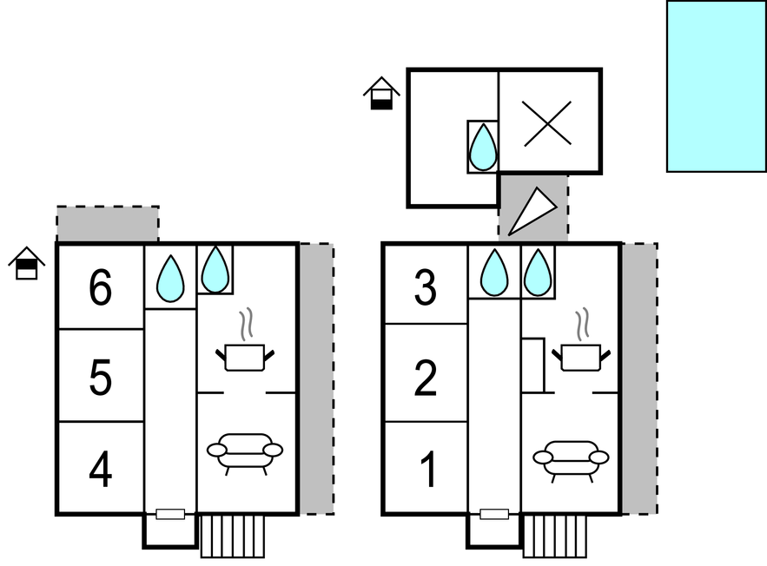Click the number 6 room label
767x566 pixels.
point(101,288)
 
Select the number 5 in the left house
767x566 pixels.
point(101,378)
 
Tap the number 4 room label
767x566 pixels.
point(101,470)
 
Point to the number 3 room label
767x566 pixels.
point(425,288)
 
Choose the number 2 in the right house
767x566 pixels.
point(425,378)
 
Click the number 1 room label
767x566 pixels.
point(427,470)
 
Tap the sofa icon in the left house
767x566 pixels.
point(245,451)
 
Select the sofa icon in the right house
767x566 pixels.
point(571,457)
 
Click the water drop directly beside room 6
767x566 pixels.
point(170,278)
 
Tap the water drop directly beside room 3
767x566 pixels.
point(494,271)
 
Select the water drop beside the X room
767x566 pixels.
point(482,148)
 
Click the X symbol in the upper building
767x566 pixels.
point(547,122)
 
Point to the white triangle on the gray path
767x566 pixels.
point(530,212)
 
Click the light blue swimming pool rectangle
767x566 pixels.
point(716,86)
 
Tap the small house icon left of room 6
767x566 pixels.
point(27,264)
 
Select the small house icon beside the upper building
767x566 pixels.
point(381,94)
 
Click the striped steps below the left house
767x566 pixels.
point(232,536)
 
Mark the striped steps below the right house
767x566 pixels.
point(557,536)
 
